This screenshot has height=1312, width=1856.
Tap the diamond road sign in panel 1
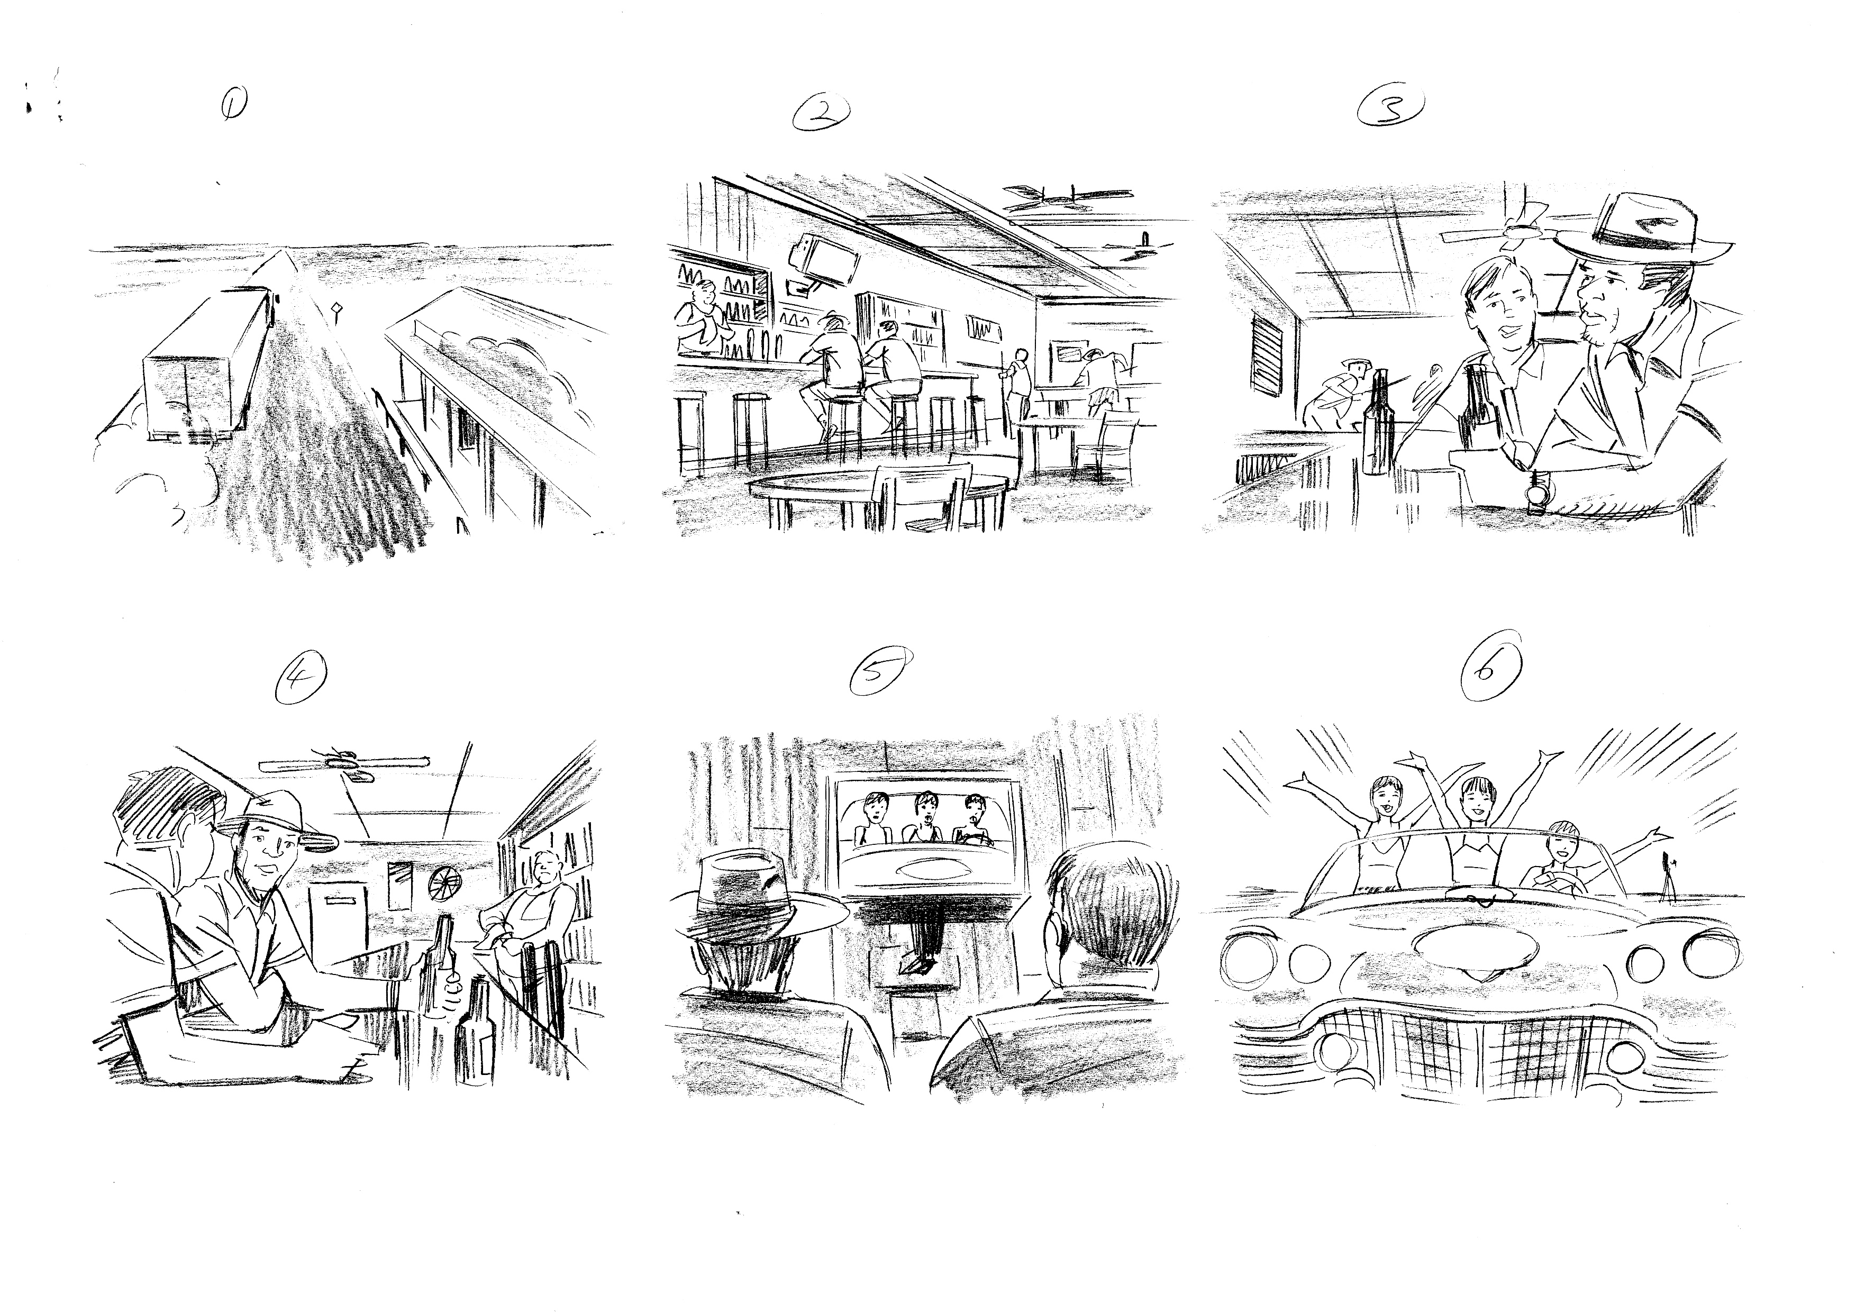coord(335,309)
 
